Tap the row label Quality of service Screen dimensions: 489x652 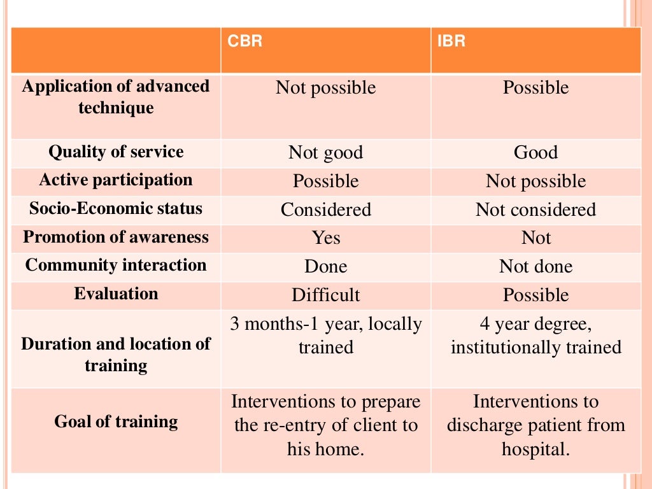tap(116, 152)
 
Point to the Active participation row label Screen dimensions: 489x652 tap(116, 180)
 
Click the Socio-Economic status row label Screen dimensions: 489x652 tap(116, 209)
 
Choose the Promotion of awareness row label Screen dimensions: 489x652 tap(116, 237)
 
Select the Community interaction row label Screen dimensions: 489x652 tap(116, 266)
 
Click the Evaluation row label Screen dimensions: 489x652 tap(116, 294)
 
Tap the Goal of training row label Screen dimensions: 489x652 tap(116, 422)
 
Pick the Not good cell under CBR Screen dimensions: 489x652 tap(325, 153)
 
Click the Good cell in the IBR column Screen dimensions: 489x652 tap(535, 153)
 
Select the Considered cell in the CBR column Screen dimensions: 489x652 tap(325, 209)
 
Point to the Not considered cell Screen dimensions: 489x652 tap(535, 209)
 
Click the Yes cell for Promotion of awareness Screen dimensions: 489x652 tap(325, 238)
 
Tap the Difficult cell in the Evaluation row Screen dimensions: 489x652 tap(325, 295)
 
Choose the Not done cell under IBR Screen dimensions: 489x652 tap(535, 267)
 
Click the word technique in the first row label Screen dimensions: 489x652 tap(116, 108)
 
